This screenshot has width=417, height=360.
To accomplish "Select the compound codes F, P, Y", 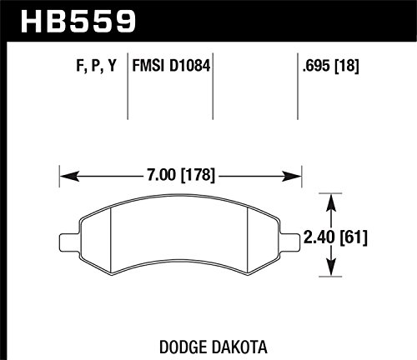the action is pos(96,67).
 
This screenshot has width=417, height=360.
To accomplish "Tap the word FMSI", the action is pos(148,66).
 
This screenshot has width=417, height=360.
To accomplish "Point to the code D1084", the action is pos(189,66).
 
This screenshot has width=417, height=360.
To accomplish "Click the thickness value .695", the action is pos(317,66).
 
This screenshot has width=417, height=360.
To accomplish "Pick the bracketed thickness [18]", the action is pos(347,66).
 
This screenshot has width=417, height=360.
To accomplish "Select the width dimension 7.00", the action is pos(161,175).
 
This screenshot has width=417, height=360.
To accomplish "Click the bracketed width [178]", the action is pos(198,175).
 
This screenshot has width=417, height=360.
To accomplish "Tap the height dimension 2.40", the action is pos(319,237).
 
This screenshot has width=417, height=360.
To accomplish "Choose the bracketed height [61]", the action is pos(352,237).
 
